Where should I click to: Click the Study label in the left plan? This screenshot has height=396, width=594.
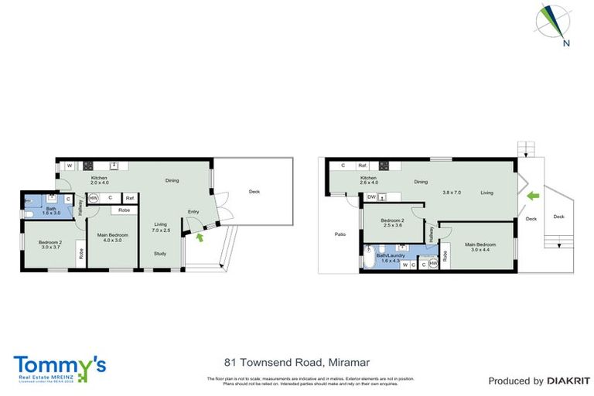click(x=159, y=253)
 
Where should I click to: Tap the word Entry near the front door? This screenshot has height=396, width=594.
click(x=193, y=212)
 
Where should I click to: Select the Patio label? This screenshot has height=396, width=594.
click(x=340, y=234)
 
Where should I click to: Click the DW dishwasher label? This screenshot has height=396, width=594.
click(x=372, y=197)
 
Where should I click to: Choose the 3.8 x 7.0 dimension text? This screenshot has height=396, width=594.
click(x=452, y=192)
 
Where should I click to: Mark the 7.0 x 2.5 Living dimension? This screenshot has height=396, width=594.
click(x=160, y=230)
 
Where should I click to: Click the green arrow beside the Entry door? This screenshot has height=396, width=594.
click(x=202, y=237)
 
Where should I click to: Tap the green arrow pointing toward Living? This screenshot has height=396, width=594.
click(x=531, y=196)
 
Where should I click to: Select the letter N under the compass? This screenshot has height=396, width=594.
click(x=566, y=43)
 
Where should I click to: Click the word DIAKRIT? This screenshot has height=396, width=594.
click(x=570, y=381)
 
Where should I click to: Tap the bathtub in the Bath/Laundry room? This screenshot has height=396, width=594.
click(x=369, y=258)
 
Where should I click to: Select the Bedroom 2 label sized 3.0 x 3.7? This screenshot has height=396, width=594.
click(x=49, y=245)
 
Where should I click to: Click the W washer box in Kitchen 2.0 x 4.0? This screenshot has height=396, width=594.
click(x=70, y=165)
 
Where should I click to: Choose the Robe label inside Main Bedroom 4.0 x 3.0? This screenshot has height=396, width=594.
click(x=124, y=210)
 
